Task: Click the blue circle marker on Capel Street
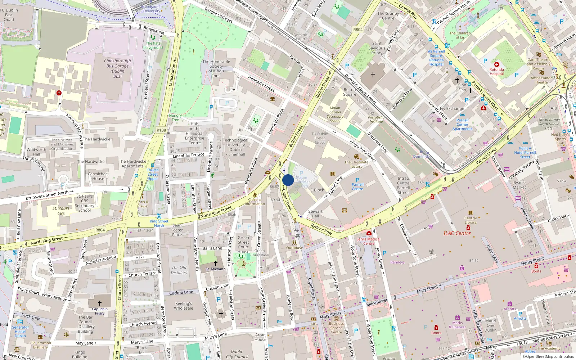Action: tap(288, 180)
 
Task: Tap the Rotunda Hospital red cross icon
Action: tap(496, 64)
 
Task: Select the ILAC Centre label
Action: tap(457, 233)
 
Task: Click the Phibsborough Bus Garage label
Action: tap(117, 68)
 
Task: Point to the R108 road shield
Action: tap(161, 130)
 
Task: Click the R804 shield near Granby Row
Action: tap(358, 30)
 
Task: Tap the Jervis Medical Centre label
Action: tap(369, 241)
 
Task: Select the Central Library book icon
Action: tap(470, 213)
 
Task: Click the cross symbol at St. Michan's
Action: tap(216, 263)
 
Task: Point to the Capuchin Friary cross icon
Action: tap(100, 303)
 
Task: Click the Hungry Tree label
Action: tap(175, 118)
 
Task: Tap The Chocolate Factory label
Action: tap(356, 164)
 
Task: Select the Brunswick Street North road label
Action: tap(47, 195)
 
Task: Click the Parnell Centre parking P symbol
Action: tap(357, 180)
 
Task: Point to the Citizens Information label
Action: tap(255, 202)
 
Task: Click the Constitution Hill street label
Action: tap(172, 71)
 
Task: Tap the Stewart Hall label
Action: tap(315, 214)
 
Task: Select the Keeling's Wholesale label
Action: tap(184, 306)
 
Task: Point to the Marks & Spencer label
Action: tap(457, 325)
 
